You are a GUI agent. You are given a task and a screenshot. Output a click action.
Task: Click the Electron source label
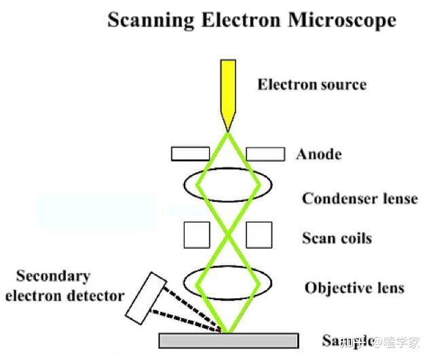click(x=312, y=85)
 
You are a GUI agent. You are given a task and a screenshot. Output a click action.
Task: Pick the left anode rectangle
click(x=190, y=154)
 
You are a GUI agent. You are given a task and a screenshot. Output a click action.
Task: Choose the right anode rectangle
click(x=265, y=154)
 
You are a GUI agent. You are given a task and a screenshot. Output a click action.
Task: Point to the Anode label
click(x=318, y=155)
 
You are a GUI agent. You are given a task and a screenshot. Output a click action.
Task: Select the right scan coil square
click(x=259, y=235)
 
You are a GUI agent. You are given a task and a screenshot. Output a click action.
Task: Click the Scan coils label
click(x=337, y=239)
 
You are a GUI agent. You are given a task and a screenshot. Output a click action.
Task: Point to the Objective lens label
click(x=354, y=287)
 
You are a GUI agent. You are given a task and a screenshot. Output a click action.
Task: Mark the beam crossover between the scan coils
click(x=228, y=235)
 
